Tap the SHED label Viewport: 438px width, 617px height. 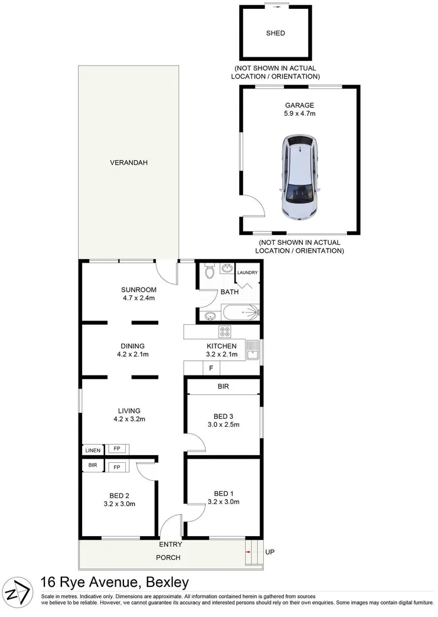276,33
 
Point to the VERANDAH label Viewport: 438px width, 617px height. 128,162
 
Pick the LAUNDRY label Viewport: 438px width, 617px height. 247,273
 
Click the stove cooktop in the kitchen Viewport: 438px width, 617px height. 225,331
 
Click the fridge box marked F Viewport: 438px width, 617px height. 211,368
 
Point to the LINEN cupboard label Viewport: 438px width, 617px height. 93,450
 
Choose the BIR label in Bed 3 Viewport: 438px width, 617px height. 223,387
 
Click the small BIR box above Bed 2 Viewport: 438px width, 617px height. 93,466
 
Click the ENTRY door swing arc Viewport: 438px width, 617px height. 171,524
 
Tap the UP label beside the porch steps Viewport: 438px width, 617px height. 270,553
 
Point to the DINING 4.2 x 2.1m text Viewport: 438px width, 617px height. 133,350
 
